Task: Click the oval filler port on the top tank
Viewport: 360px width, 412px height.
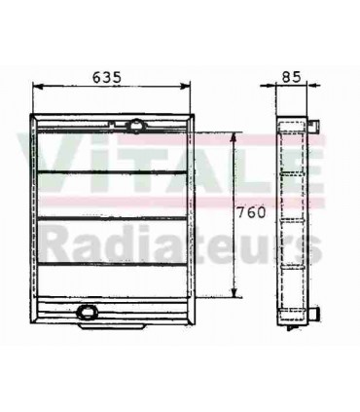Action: pos(134,125)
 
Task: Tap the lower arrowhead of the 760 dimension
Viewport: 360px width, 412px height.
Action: pos(234,293)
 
